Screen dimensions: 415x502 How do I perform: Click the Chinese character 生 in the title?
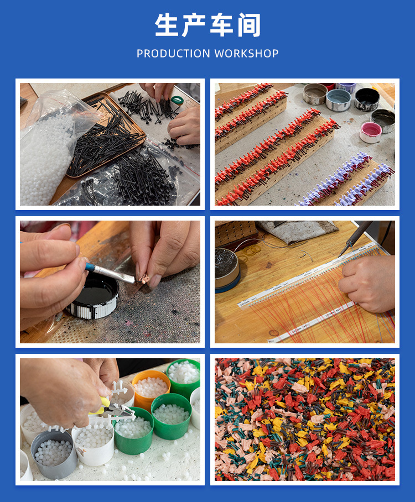pos(167,25)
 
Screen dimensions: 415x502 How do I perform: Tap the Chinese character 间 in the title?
pos(249,25)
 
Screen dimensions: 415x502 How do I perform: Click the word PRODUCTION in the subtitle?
pos(173,54)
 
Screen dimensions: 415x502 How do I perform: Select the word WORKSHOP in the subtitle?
pos(246,54)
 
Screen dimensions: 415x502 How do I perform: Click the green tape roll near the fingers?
pos(177,100)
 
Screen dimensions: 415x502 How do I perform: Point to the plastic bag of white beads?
pos(51,150)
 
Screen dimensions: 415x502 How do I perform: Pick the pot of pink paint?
pos(370,132)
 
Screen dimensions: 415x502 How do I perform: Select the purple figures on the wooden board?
pos(346,181)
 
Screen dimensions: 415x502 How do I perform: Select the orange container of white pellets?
pos(151,388)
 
